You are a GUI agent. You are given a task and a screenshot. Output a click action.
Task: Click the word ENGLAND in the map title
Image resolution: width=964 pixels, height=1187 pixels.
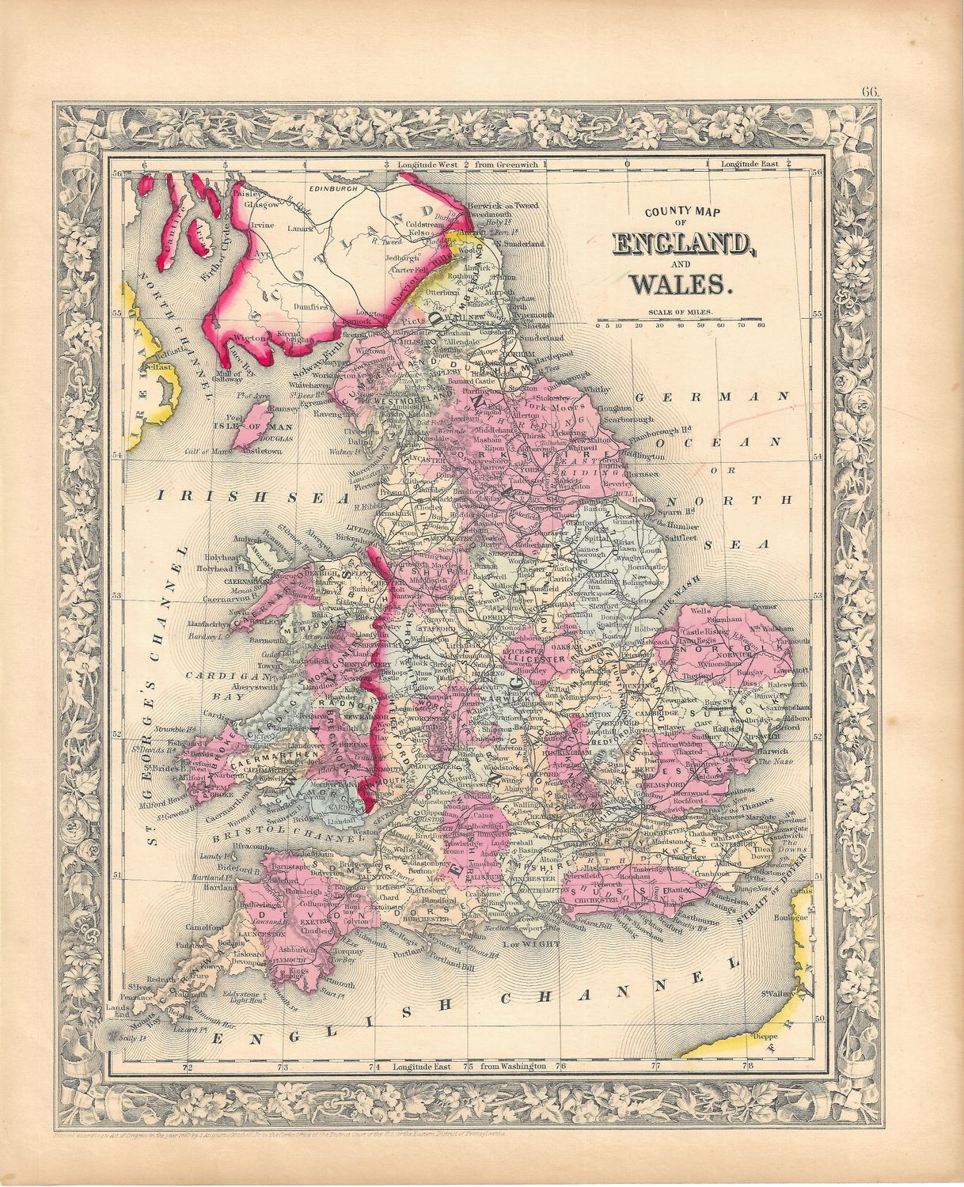[x=682, y=245]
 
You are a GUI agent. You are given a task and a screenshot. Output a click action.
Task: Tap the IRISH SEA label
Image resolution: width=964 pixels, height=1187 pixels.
[x=252, y=496]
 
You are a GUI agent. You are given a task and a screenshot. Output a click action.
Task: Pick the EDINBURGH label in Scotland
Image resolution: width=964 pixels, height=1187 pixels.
[x=335, y=190]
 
